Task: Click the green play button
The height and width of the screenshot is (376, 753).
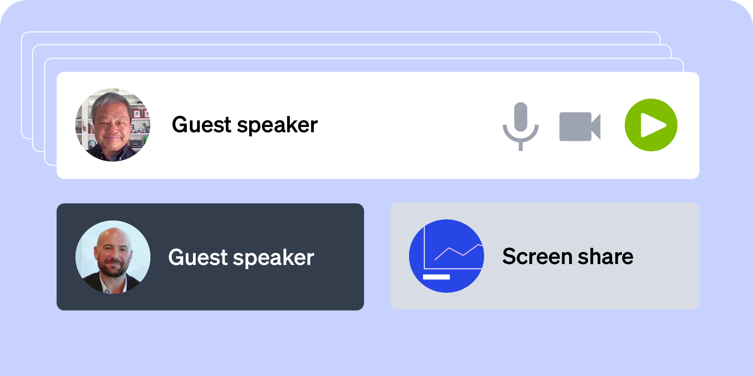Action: coord(651,125)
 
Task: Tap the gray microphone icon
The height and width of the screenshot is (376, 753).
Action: coord(521,126)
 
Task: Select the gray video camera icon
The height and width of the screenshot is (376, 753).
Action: coord(580,126)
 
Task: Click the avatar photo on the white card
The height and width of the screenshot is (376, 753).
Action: coord(113,125)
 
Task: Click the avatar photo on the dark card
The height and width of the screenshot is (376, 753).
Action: coord(113,257)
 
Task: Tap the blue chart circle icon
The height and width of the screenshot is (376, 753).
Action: coord(447,256)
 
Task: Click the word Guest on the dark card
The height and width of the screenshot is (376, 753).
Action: coord(198,257)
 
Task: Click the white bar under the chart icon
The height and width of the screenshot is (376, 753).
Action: coord(436,277)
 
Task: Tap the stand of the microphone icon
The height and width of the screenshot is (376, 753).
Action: coord(521,146)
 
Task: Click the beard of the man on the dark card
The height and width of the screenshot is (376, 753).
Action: coord(113,269)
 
